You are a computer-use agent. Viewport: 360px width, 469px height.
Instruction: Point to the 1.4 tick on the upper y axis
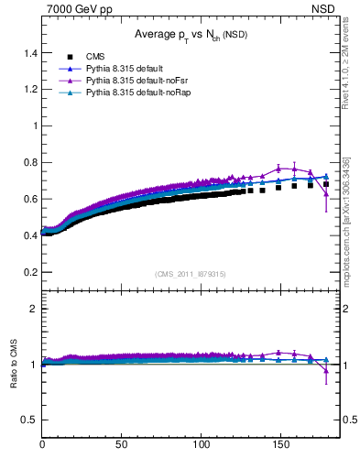tap(29, 52)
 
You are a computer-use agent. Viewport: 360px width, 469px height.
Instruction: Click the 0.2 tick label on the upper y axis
tap(29, 272)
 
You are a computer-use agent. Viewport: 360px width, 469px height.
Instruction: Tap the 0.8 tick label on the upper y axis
tap(29, 162)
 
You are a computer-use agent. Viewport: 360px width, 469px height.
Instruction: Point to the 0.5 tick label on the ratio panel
tap(29, 419)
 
